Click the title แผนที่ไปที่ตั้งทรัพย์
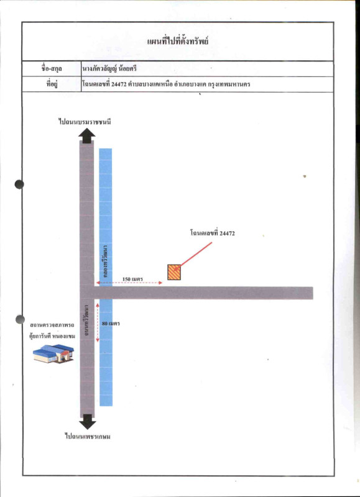click(x=178, y=42)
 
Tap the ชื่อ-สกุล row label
click(x=52, y=68)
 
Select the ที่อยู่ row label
click(x=52, y=84)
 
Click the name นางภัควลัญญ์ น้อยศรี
click(x=109, y=68)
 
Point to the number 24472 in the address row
click(x=119, y=84)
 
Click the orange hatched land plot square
click(x=174, y=272)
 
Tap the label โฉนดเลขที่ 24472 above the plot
click(x=213, y=234)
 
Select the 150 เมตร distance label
click(x=132, y=279)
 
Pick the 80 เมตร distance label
click(x=111, y=324)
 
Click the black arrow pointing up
click(x=86, y=135)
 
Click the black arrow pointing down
click(x=88, y=422)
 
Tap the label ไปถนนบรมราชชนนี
click(x=85, y=122)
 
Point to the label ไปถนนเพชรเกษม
click(x=88, y=437)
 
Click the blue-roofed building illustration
click(x=53, y=353)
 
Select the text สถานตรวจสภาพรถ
click(x=52, y=325)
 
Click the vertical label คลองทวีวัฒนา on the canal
click(x=105, y=261)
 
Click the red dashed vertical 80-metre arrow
click(x=98, y=322)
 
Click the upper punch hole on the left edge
click(x=19, y=184)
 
